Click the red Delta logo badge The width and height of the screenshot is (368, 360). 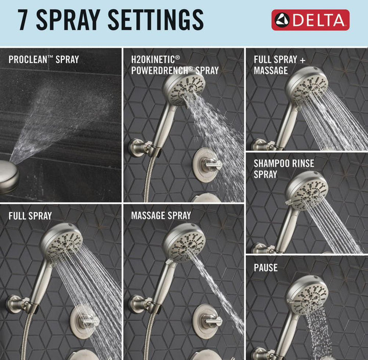pyautogui.click(x=310, y=20)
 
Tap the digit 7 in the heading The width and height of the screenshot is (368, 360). pyautogui.click(x=24, y=20)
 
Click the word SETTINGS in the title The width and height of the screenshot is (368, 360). pyautogui.click(x=155, y=20)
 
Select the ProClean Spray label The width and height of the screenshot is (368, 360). pyautogui.click(x=43, y=59)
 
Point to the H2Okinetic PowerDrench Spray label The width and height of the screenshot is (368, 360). pyautogui.click(x=175, y=65)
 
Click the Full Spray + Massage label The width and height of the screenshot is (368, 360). pyautogui.click(x=280, y=65)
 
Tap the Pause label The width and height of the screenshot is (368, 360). pyautogui.click(x=266, y=268)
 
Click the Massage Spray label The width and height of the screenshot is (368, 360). pyautogui.click(x=161, y=216)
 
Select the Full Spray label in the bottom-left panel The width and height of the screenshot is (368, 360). pyautogui.click(x=30, y=216)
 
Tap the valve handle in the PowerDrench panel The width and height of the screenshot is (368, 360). pyautogui.click(x=213, y=164)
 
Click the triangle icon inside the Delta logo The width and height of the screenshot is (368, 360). pyautogui.click(x=282, y=19)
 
